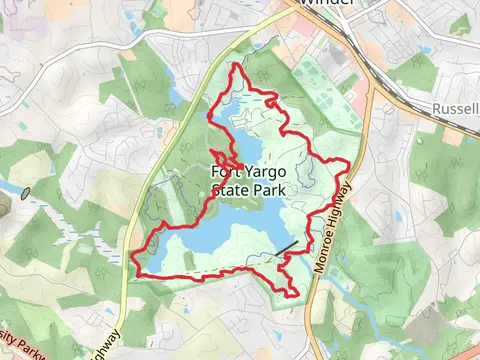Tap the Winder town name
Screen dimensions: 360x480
point(328,3)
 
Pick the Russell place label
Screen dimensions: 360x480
point(456,108)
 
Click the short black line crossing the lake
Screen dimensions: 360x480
point(287,246)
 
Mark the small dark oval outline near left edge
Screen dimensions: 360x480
point(25,191)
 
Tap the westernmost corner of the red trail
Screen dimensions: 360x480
point(135,262)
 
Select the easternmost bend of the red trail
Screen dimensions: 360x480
point(349,163)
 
